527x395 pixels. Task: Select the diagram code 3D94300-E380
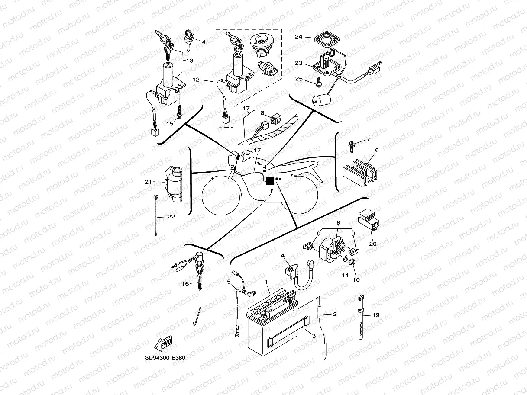point(165,358)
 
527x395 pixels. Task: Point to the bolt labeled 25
point(318,80)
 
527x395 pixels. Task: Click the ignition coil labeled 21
point(175,185)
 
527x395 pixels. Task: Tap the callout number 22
point(171,216)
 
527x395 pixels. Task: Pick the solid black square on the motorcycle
point(269,180)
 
